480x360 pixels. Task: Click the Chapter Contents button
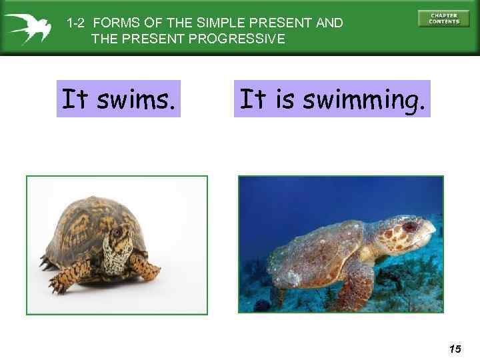tap(443, 18)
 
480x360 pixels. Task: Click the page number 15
tap(455, 349)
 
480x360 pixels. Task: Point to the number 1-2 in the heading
tap(75, 23)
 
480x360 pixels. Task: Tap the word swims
tap(137, 99)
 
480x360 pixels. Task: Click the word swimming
tap(363, 100)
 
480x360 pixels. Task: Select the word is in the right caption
tap(285, 99)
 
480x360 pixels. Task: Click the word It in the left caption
tap(75, 99)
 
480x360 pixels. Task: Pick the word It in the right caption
tap(253, 99)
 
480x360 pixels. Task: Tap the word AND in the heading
tap(329, 23)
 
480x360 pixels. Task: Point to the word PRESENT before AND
tap(286, 23)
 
